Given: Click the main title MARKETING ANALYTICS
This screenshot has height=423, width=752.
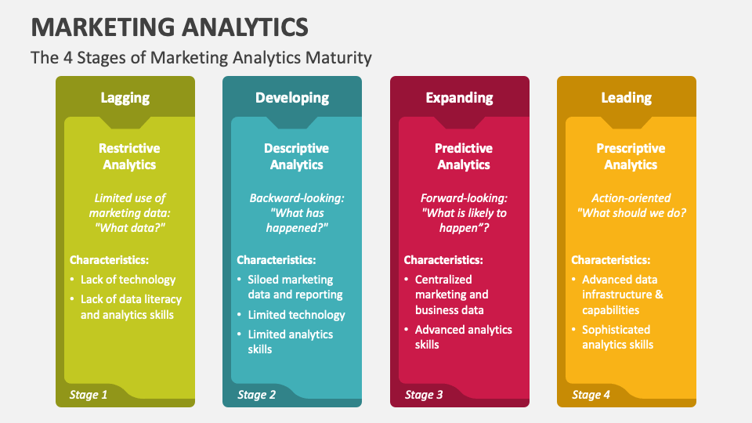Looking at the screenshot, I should coord(170,27).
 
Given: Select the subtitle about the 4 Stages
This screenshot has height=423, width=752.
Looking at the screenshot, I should coord(201,57).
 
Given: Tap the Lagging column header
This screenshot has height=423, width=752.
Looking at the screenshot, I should coord(125,98).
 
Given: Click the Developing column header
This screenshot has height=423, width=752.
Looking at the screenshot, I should coord(292,98).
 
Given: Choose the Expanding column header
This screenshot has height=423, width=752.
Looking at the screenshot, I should coord(459,98).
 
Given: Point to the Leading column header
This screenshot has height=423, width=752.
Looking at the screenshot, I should coord(626,98).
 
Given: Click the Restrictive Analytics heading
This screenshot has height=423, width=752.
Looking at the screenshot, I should coord(129,157).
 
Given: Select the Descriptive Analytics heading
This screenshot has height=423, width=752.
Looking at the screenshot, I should coord(296,157).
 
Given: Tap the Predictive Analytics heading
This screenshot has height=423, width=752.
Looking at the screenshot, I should coord(464,157).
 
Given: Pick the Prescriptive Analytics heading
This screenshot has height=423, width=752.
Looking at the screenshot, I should coord(631,157).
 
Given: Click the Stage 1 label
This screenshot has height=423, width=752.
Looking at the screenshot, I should coord(89,395).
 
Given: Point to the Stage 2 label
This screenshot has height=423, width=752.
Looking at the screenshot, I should coord(256,395).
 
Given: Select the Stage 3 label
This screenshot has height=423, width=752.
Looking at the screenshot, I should coord(424,395).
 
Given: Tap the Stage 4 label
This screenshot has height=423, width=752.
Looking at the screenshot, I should coord(591,395).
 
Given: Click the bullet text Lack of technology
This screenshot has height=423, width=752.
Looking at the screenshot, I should coord(128,280).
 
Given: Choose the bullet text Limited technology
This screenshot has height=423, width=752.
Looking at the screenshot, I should coord(296,315).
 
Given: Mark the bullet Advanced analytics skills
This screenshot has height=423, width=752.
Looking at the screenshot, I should coord(463,337).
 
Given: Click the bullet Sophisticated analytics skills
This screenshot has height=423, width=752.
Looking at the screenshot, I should coord(617,337).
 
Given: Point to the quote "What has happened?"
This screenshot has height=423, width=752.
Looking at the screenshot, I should coord(296,220).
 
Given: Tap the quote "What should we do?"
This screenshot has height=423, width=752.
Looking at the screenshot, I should coord(631,213).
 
